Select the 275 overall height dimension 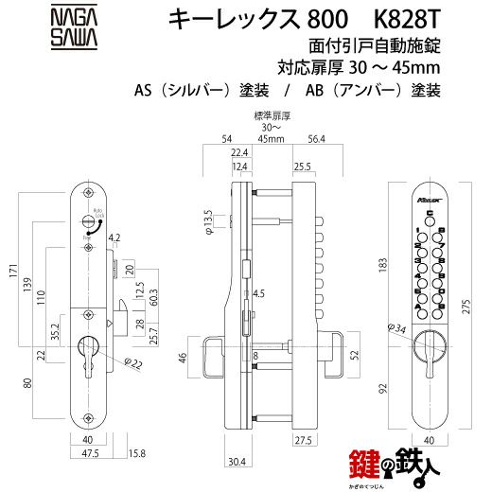[479, 307]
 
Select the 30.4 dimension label [239, 463]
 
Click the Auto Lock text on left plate [95, 216]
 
